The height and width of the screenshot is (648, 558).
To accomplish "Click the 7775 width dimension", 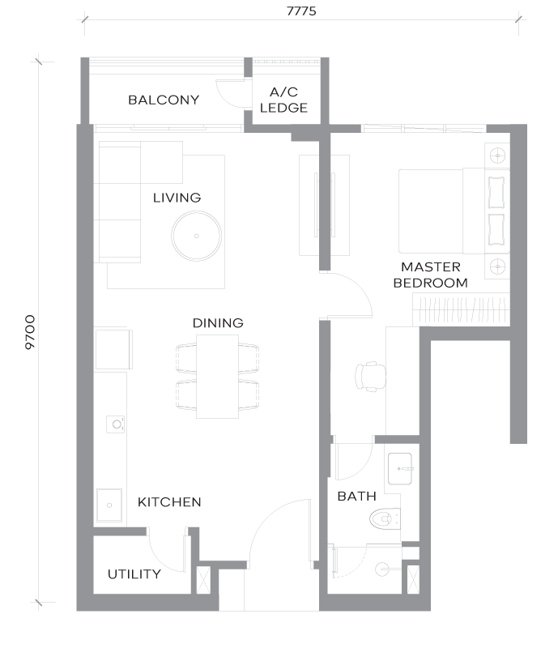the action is click(x=301, y=11).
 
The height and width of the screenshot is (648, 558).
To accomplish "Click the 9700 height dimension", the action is click(x=30, y=332).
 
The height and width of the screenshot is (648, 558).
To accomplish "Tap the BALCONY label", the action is click(x=164, y=100).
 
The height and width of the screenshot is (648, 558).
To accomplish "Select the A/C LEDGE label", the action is click(x=283, y=100).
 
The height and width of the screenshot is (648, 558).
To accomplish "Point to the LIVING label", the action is click(x=177, y=198).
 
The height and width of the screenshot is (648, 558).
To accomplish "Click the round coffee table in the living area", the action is click(x=196, y=236).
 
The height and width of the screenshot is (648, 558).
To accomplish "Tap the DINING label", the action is click(x=218, y=322).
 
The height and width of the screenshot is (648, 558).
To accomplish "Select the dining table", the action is click(x=217, y=377).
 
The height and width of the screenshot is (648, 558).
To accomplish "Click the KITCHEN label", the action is click(x=169, y=502).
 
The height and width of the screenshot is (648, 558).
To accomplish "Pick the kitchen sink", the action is click(x=109, y=505).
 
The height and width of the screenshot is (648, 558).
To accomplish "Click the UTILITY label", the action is click(x=134, y=574).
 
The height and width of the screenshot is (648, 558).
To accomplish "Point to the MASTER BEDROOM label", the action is click(x=430, y=275).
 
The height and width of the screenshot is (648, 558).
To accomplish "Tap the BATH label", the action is click(x=356, y=496).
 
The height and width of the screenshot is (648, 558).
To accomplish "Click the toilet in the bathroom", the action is click(x=385, y=518).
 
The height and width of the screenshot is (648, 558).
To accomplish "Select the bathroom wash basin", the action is click(x=400, y=469).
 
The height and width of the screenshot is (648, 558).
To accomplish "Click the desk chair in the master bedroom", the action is click(x=371, y=377).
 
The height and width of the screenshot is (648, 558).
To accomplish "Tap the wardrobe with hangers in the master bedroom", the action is click(x=462, y=310).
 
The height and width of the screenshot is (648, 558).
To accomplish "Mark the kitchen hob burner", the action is click(x=115, y=424).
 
